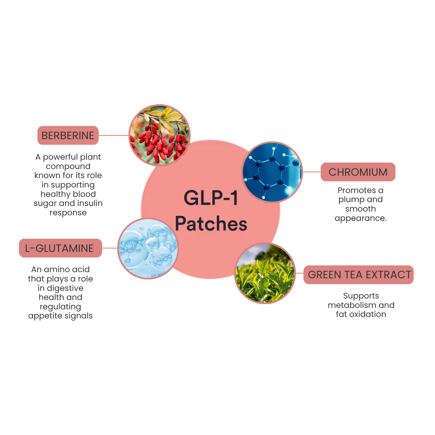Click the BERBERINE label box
click(68, 135)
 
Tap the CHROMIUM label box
click(358, 172)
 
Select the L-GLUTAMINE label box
click(60, 248)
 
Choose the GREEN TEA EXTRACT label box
click(359, 275)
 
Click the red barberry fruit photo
click(160, 135)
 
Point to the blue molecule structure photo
click(272, 172)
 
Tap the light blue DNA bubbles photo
click(148, 248)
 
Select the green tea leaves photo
click(265, 273)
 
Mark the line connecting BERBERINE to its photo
click(114, 135)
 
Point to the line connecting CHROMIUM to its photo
click(312, 172)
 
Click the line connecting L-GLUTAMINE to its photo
click(110, 248)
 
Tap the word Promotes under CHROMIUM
click(356, 190)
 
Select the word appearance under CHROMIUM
click(361, 218)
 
